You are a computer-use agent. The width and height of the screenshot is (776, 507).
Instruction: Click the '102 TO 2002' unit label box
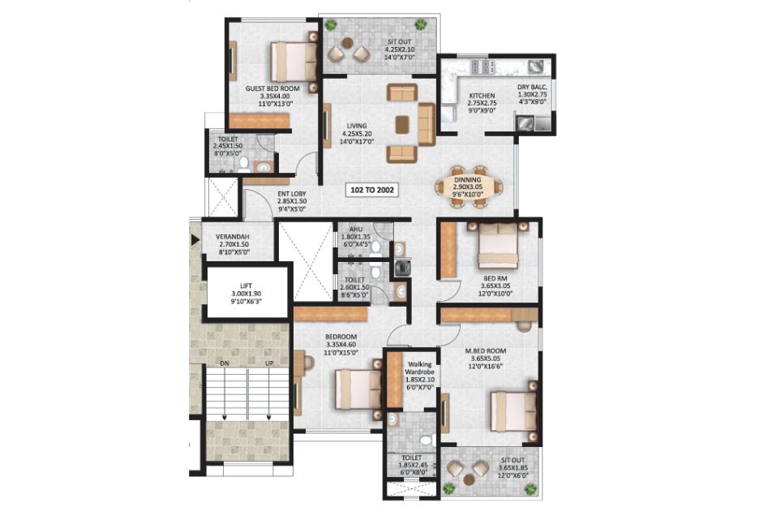click(371, 189)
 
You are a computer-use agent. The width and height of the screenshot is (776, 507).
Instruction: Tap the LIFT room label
click(246, 286)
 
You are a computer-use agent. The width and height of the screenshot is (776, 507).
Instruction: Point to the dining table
click(468, 187)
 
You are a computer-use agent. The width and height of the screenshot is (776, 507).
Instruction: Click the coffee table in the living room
click(402, 124)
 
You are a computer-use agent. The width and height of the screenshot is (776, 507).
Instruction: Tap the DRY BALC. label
click(532, 87)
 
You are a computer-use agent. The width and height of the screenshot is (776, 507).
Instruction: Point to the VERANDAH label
click(232, 237)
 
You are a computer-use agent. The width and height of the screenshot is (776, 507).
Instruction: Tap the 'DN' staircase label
click(225, 363)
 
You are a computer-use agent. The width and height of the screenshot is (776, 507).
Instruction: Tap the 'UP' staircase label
click(270, 363)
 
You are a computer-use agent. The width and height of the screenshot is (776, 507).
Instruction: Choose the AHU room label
click(355, 230)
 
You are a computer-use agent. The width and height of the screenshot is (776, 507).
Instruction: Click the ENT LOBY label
click(291, 194)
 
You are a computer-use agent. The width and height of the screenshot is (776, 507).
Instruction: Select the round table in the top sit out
click(348, 42)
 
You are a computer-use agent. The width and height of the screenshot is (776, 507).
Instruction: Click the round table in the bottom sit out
click(468, 479)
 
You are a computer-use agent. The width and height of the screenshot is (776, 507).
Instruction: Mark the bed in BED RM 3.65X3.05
click(498, 245)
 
